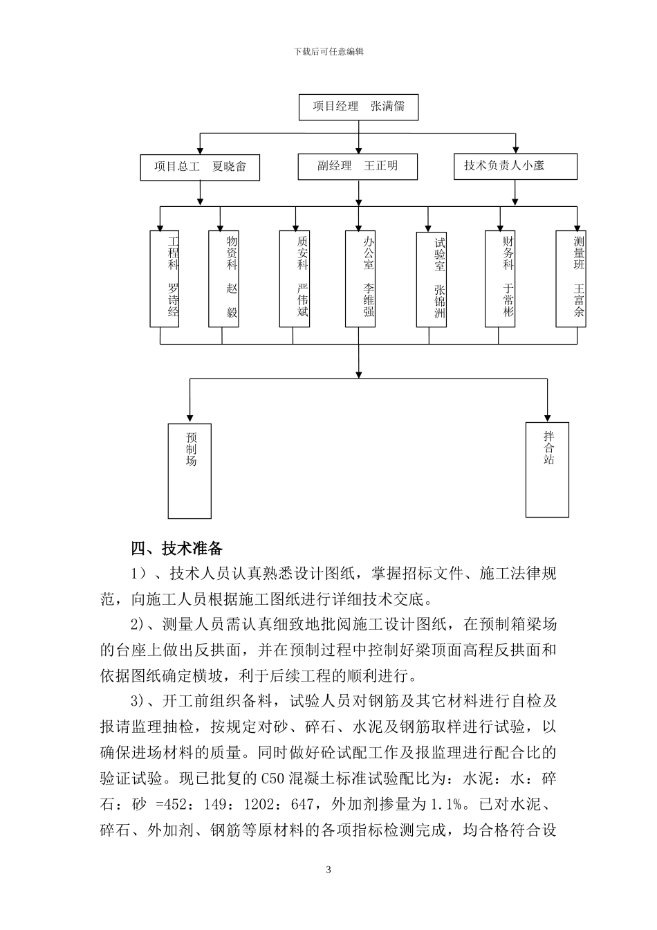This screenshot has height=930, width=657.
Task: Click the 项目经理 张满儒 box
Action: [x=358, y=107]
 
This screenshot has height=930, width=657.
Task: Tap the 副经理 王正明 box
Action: [x=358, y=167]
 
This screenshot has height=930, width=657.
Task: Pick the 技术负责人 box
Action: [x=515, y=166]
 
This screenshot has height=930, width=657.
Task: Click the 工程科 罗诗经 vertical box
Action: [x=165, y=278]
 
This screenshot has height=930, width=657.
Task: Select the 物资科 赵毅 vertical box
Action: [x=223, y=278]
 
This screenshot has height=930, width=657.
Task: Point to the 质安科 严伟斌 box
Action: [x=294, y=278]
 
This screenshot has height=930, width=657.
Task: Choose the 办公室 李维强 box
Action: [x=360, y=278]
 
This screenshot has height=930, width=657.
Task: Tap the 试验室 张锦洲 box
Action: [x=432, y=280]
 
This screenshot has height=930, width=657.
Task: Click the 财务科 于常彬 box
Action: [x=500, y=278]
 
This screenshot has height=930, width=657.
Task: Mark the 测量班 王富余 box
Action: [x=571, y=278]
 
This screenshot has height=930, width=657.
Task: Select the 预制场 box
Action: [x=189, y=471]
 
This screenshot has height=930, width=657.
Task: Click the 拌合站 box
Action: [x=547, y=469]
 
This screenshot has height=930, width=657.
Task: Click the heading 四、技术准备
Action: [x=177, y=549]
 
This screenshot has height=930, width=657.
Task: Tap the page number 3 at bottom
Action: [x=328, y=870]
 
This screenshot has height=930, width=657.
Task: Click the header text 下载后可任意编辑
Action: [x=328, y=51]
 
